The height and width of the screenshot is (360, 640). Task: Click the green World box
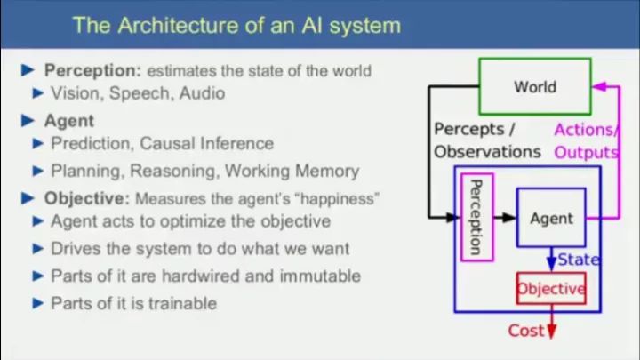pos(534,86)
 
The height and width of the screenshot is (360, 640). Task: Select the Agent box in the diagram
pos(551,218)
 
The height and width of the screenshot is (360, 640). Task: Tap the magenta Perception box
pos(477,218)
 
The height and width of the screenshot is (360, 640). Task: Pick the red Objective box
pos(551,288)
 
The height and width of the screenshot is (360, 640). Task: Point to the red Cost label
pos(525,331)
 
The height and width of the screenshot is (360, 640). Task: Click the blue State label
pos(579,260)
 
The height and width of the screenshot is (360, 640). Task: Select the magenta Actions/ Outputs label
pos(586,140)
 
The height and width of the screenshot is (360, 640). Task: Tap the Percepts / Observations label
pos(486,140)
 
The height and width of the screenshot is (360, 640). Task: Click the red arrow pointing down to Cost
pos(551,321)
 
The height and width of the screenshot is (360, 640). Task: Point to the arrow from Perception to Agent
pos(504,217)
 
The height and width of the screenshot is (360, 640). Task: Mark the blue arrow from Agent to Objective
pos(551,259)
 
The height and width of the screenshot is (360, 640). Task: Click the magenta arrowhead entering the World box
pos(597,87)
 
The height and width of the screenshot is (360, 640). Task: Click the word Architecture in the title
pos(175,24)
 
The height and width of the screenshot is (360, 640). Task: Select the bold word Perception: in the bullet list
pos(93,70)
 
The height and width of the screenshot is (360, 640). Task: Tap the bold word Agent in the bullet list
pos(69,120)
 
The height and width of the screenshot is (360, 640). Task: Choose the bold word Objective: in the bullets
pos(88,197)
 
